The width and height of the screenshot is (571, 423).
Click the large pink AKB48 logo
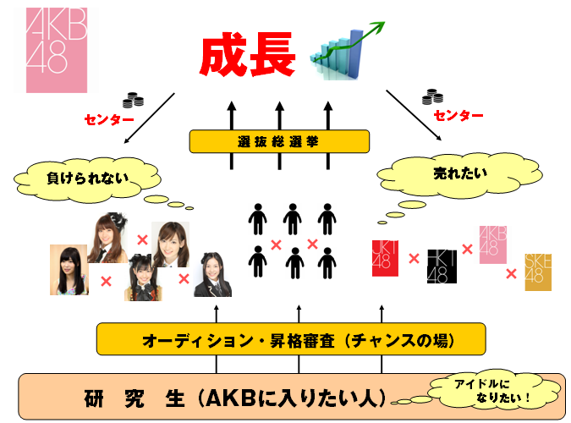pyautogui.click(x=57, y=52)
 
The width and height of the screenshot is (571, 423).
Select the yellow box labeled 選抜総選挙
pyautogui.click(x=279, y=141)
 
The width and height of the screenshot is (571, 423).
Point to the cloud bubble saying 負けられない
pyautogui.click(x=85, y=179)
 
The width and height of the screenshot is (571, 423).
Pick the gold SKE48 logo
pyautogui.click(x=537, y=272)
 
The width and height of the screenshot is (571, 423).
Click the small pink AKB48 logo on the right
pyautogui.click(x=494, y=243)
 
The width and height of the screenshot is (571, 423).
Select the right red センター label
pyautogui.click(x=458, y=115)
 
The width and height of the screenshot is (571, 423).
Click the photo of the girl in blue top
pyautogui.click(x=69, y=270)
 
